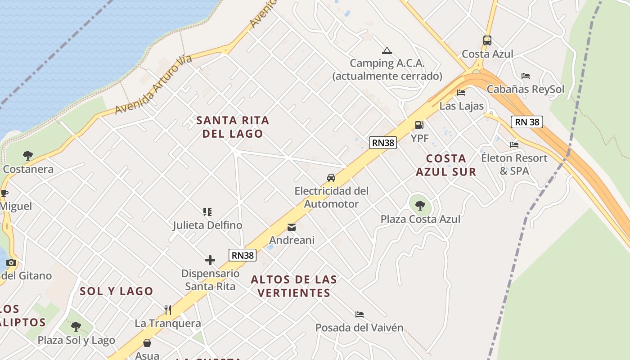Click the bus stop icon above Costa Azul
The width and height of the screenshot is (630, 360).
click(487, 40)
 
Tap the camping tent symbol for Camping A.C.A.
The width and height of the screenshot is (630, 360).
click(387, 50)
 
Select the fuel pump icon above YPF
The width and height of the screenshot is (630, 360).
click(419, 125)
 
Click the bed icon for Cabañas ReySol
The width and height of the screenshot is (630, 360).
click(525, 76)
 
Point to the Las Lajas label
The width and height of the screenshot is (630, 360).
click(461, 106)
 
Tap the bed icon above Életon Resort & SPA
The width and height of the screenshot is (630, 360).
click(514, 144)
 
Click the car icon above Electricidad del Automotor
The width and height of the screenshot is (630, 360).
click(331, 177)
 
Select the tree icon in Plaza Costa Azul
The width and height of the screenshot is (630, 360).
click(420, 206)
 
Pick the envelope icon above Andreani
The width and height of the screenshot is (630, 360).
click(292, 227)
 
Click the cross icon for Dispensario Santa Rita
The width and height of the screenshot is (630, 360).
click(210, 260)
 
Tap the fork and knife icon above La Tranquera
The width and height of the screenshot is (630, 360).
click(168, 310)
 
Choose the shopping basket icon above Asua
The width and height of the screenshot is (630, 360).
click(147, 343)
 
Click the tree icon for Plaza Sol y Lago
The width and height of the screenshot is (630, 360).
click(76, 326)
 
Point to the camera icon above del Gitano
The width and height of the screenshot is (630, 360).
click(11, 262)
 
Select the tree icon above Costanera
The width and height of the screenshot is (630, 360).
click(28, 156)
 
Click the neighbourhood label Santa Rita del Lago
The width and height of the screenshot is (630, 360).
click(233, 127)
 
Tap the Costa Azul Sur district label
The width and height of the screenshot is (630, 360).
click(445, 165)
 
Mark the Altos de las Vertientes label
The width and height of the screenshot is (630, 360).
click(293, 286)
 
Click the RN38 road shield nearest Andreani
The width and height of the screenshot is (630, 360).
click(243, 255)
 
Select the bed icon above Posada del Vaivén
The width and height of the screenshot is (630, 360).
click(359, 314)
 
